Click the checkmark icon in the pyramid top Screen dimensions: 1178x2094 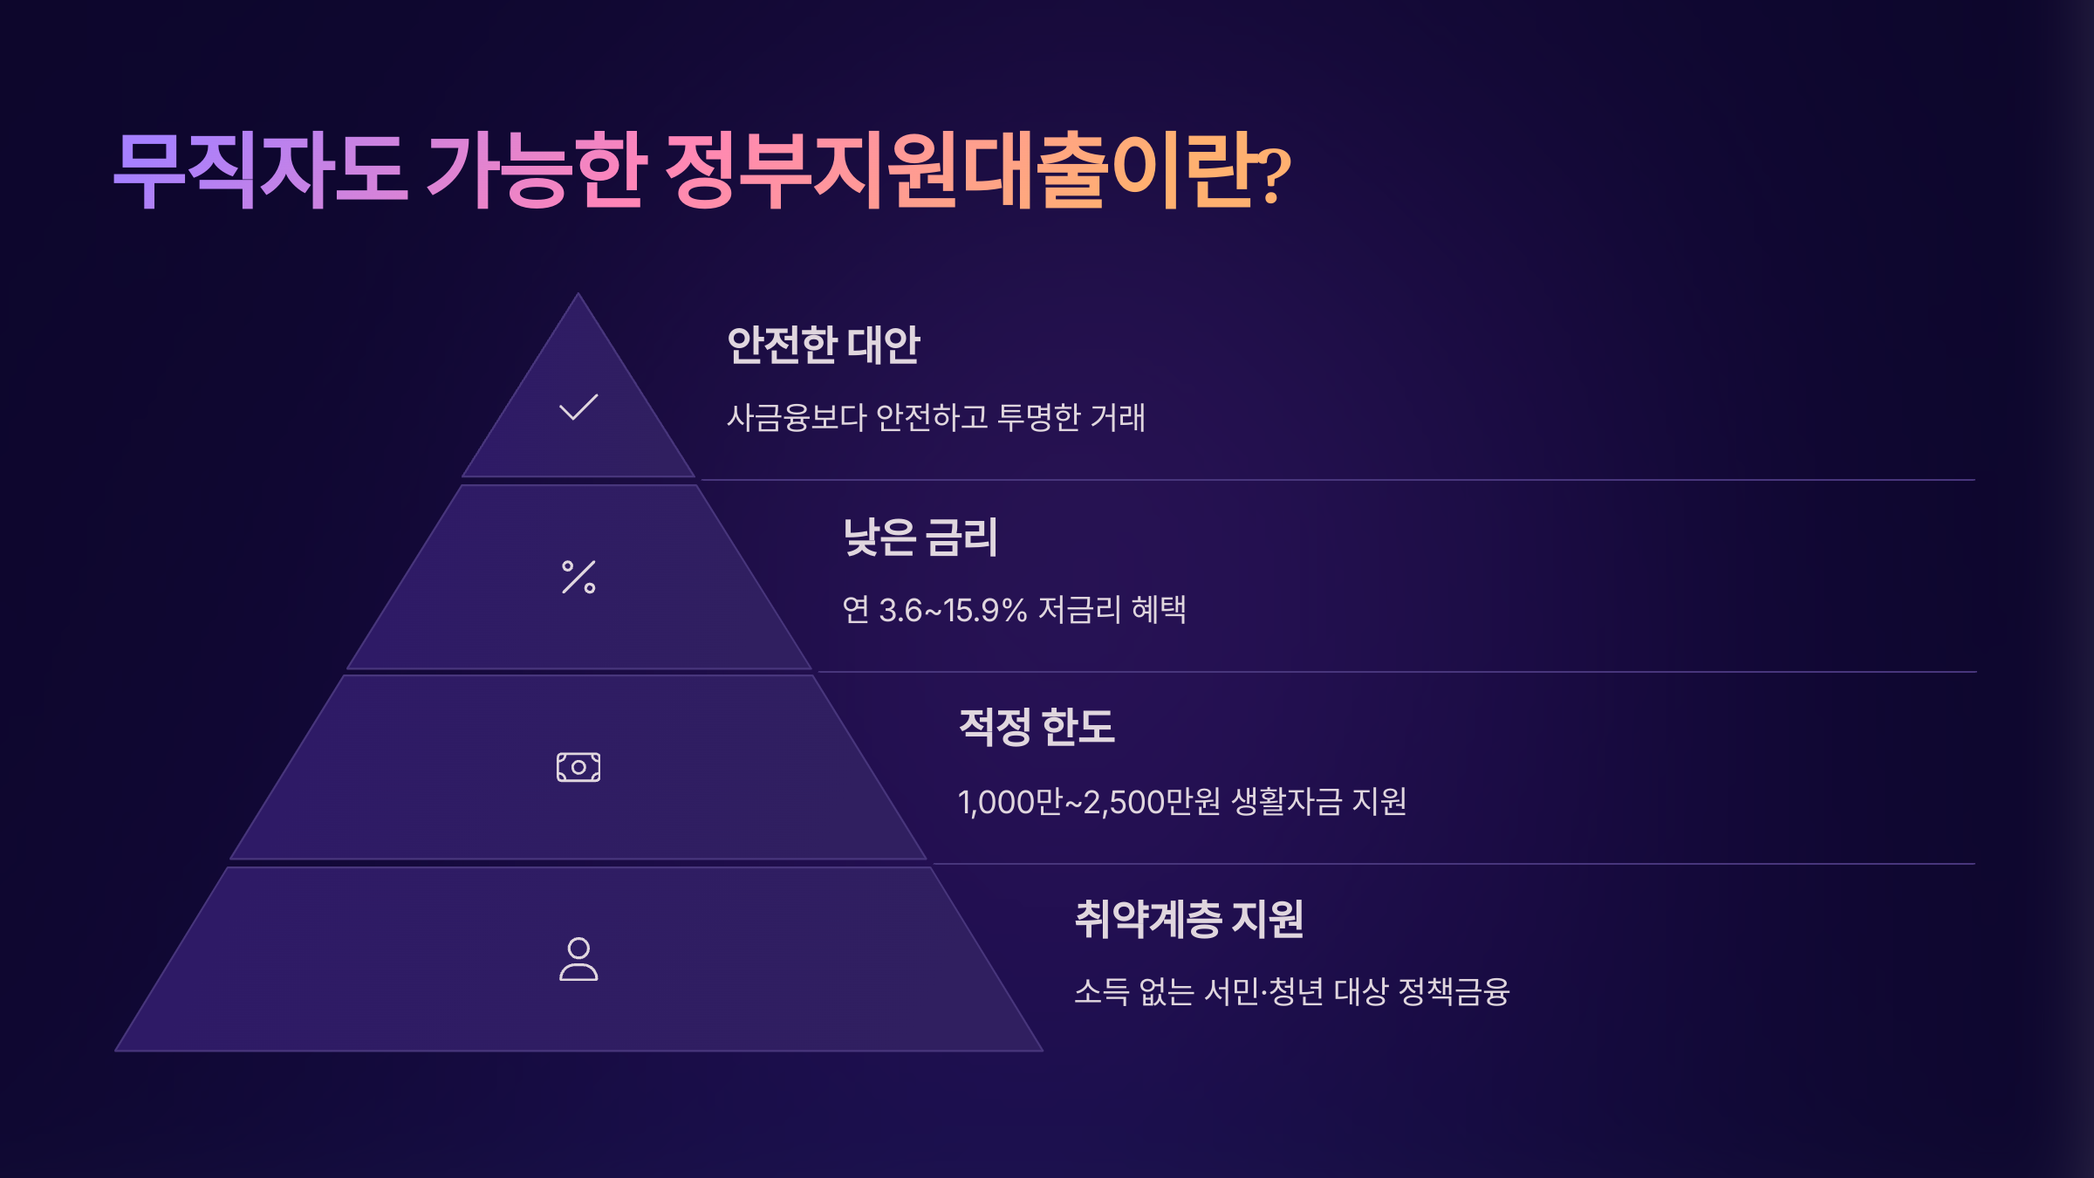coord(578,408)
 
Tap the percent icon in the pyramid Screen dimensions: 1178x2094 coord(578,577)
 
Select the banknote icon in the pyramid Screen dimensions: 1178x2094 coord(578,767)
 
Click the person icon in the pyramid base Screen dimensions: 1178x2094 coord(578,959)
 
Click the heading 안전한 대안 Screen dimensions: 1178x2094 coord(823,345)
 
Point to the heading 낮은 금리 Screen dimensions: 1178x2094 coord(920,537)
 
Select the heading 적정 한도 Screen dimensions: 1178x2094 coord(1036,727)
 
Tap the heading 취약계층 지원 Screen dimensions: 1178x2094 coord(1188,919)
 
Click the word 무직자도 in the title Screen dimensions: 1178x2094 coord(260,170)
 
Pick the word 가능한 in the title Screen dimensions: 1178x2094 coord(537,170)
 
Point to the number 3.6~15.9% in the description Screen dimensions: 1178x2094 coord(953,610)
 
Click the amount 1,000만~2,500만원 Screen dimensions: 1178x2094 coord(1089,802)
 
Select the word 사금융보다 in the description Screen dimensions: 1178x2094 coord(796,418)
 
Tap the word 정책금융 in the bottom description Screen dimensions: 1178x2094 coord(1454,992)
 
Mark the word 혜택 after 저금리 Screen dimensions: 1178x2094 coord(1159,610)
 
